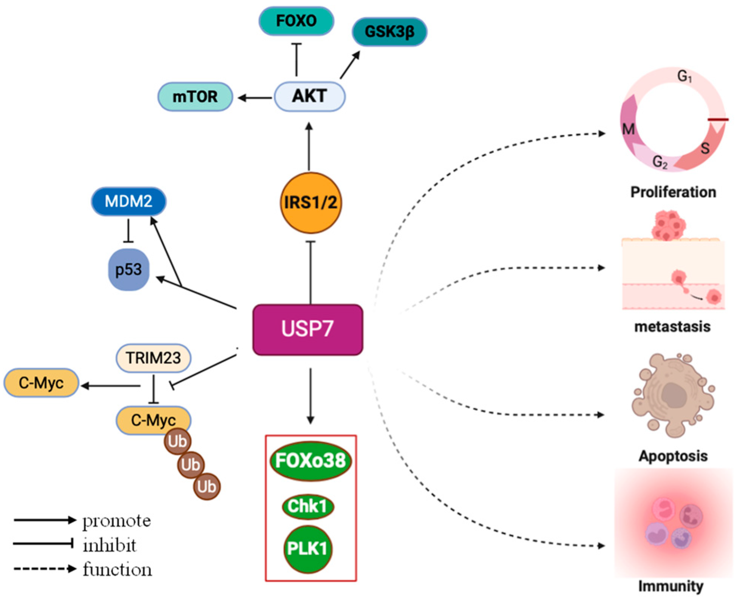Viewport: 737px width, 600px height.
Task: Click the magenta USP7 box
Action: point(307,329)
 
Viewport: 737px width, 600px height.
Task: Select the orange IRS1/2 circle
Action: point(311,203)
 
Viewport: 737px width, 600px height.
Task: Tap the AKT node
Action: point(309,96)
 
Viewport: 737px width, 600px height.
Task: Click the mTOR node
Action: point(195,97)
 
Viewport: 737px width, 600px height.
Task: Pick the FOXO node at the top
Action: point(296,21)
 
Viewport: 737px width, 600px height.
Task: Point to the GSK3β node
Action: point(389,32)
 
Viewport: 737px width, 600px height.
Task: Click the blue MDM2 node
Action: point(128,201)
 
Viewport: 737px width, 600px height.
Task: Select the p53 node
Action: point(128,270)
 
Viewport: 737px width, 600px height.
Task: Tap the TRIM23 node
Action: point(153,358)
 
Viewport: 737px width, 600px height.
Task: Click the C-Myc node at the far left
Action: point(41,383)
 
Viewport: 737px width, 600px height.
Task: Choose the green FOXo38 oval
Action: point(311,461)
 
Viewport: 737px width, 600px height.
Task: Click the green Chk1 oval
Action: point(307,506)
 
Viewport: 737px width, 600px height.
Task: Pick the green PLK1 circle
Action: point(307,548)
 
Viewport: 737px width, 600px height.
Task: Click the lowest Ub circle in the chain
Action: point(206,486)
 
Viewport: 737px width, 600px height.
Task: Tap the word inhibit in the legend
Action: point(110,545)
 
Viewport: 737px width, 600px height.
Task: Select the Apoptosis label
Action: point(673,456)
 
